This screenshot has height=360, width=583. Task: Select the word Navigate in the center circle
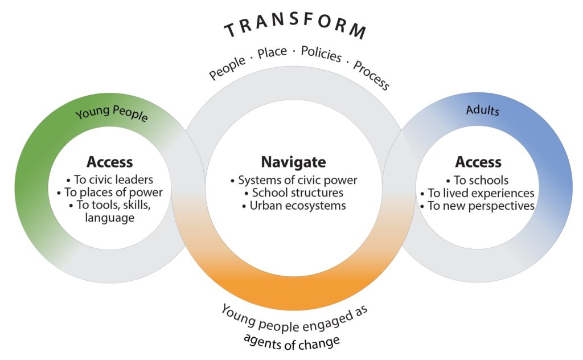293,162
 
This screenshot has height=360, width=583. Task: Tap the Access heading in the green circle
110,162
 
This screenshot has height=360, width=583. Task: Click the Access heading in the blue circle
478,162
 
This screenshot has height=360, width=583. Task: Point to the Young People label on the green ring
112,113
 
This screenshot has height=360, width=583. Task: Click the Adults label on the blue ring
482,110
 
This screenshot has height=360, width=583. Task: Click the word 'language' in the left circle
110,218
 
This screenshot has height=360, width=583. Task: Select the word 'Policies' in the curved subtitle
321,54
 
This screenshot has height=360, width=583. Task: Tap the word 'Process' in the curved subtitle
371,76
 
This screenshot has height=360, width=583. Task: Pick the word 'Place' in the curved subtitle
272,52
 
